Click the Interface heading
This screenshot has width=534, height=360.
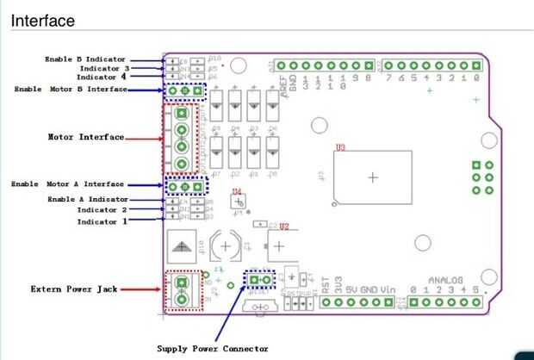41,20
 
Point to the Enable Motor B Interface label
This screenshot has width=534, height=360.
71,89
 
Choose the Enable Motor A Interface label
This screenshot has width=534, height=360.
67,184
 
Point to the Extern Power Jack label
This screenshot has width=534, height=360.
73,289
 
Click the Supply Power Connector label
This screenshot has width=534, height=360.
212,349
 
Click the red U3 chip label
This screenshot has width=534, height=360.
341,147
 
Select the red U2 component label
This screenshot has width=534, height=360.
284,227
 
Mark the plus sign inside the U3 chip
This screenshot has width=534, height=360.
372,178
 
